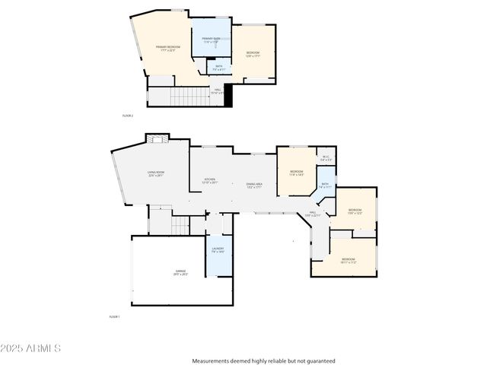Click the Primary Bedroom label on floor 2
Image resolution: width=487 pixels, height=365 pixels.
167,49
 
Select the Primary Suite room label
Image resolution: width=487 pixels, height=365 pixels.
211,40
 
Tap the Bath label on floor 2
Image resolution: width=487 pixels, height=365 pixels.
218,68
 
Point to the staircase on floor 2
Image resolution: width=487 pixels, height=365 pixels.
188,97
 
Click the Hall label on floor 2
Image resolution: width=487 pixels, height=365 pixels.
218,91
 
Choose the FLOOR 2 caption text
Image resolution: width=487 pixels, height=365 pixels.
128,116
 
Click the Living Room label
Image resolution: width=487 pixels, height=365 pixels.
156,175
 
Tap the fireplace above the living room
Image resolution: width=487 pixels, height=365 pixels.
158,139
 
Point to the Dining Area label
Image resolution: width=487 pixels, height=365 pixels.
254,185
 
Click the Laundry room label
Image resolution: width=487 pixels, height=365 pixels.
218,250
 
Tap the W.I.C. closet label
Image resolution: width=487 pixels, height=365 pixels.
325,159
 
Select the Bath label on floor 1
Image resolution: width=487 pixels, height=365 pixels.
325,185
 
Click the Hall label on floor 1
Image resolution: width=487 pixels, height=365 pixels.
313,214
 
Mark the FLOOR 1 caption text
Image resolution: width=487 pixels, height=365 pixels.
114,316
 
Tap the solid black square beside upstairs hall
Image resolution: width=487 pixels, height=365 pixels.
228,97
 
